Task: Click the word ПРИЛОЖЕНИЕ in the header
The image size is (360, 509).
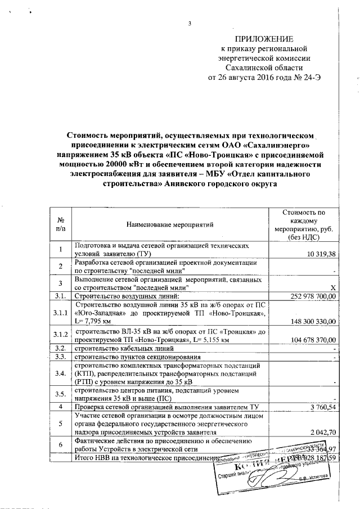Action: (264, 39)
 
